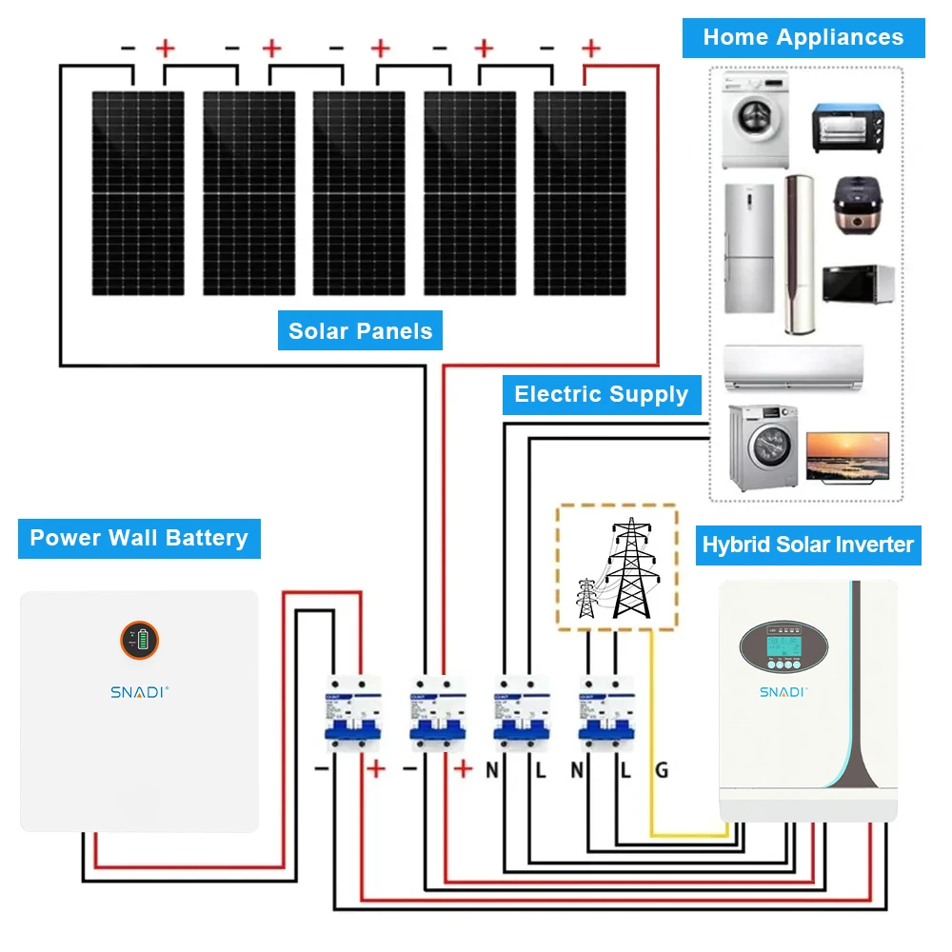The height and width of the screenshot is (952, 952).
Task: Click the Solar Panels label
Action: click(x=360, y=331)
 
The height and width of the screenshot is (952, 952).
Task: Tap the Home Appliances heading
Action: click(x=803, y=38)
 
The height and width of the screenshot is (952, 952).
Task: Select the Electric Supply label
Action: click(x=601, y=394)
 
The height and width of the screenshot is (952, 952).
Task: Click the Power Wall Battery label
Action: click(x=139, y=538)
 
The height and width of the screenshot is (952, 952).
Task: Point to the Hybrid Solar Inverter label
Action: click(x=807, y=545)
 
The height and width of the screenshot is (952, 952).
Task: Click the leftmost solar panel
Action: click(x=138, y=193)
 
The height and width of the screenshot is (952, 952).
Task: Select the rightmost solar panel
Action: click(x=580, y=193)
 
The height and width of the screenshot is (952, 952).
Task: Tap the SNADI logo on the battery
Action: click(x=139, y=692)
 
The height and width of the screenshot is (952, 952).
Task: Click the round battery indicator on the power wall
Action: click(x=139, y=641)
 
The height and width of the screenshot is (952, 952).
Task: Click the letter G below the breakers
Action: click(x=661, y=770)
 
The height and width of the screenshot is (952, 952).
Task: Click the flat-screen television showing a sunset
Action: click(x=847, y=455)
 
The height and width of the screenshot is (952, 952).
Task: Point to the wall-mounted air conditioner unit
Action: click(x=793, y=367)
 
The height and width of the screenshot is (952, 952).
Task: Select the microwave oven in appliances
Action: click(x=858, y=284)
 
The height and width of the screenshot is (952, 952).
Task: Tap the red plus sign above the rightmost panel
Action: click(x=591, y=48)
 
